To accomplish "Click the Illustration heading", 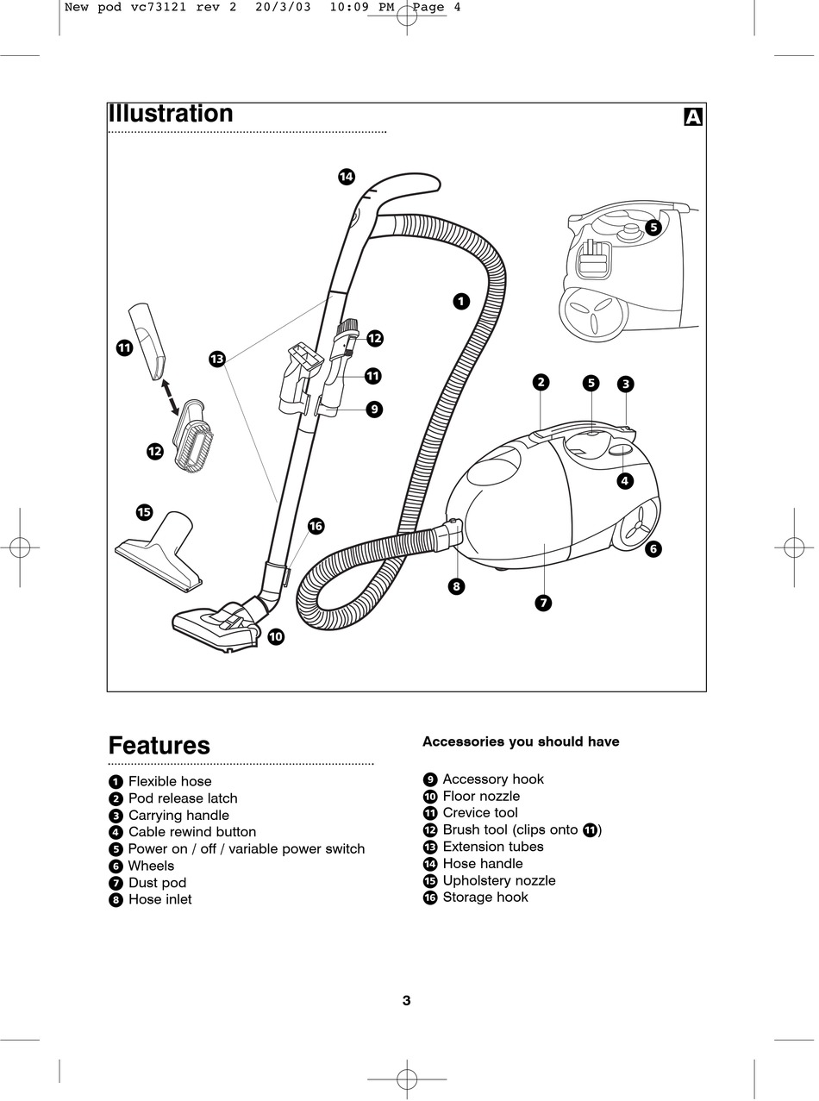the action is [170, 114].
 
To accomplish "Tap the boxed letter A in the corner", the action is [693, 117].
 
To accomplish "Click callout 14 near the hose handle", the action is [347, 177].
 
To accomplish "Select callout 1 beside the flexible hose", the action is [461, 301].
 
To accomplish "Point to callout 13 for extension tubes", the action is [217, 359].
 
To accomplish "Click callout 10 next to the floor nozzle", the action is [276, 637].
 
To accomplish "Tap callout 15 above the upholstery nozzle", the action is [145, 512].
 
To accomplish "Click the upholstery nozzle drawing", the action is [159, 553].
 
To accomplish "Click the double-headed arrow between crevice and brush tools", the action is [169, 397].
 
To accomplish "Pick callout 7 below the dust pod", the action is [543, 604].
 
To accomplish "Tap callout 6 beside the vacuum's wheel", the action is [653, 548].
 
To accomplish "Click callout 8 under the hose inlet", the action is [456, 587].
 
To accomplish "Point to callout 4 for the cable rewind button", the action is [625, 480].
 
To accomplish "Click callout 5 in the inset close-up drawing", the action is [653, 228].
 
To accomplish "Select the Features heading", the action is [159, 746].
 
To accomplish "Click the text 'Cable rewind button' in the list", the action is [192, 832].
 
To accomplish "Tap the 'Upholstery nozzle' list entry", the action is [499, 880].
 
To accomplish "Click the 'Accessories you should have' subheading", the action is [521, 741].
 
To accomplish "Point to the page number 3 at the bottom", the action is [407, 1000].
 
